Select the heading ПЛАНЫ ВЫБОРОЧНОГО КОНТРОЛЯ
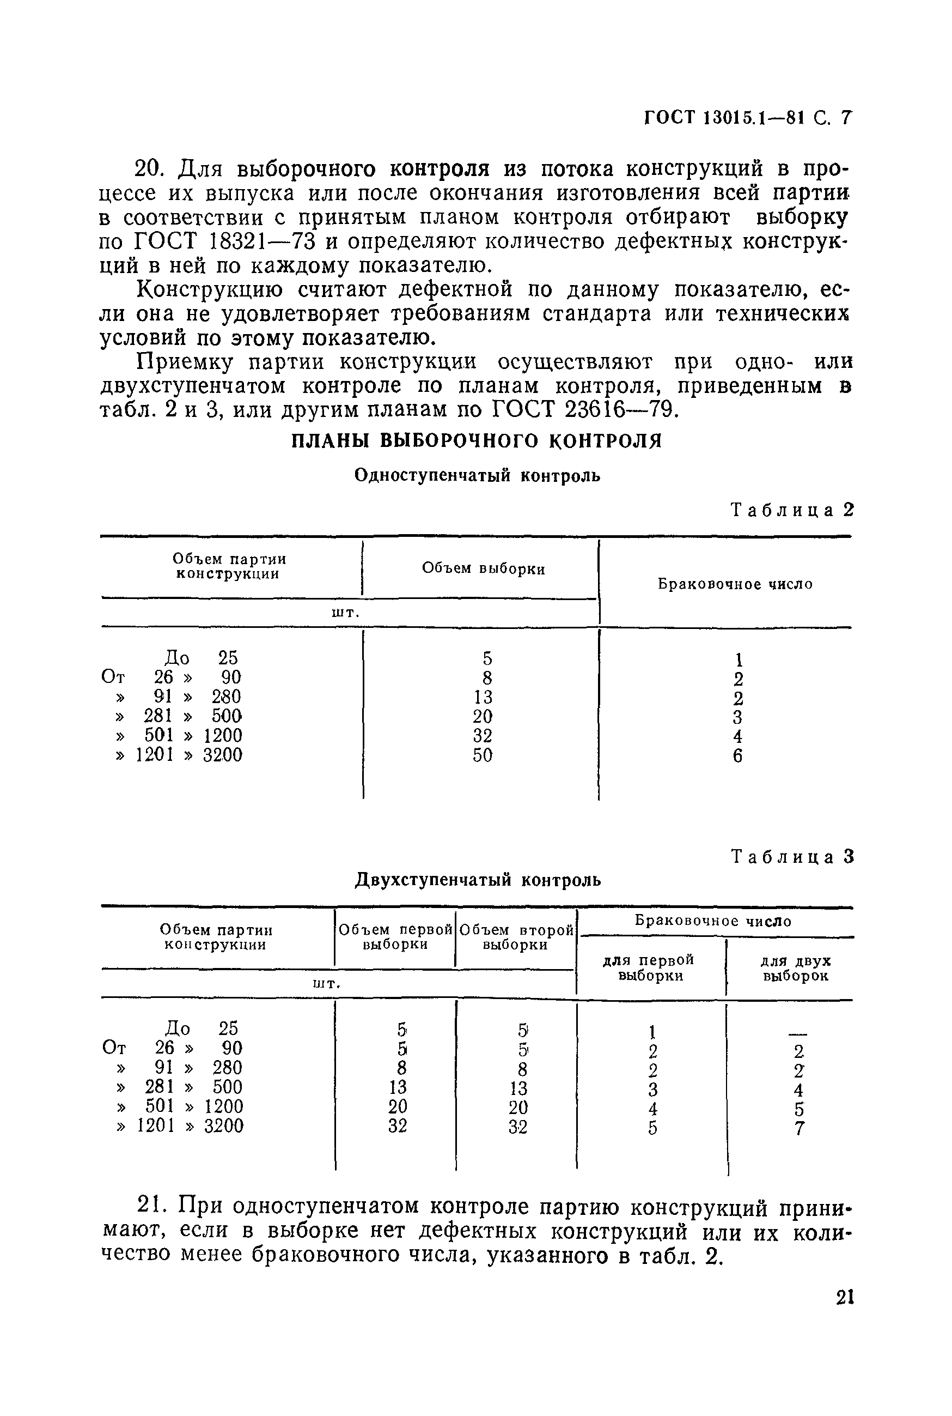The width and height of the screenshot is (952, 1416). tap(477, 440)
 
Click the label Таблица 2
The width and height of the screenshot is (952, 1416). tap(792, 510)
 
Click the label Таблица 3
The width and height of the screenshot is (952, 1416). tap(792, 857)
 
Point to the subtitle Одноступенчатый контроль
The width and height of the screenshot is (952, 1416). tap(477, 475)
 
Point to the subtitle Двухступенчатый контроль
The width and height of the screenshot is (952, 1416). tap(478, 880)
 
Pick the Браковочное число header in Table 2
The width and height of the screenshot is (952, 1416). tap(735, 584)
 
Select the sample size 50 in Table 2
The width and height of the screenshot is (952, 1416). tap(483, 755)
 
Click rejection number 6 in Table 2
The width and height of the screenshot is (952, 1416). tap(737, 757)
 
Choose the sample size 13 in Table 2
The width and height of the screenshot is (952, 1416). tap(483, 697)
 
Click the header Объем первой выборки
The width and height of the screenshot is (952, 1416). tap(395, 937)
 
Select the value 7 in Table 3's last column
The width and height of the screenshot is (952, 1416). tap(799, 1129)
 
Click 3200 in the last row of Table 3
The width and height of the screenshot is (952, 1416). tap(223, 1126)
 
